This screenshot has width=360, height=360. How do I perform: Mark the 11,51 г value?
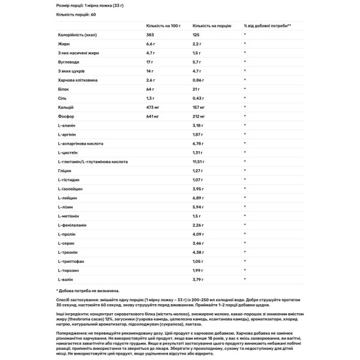[x=199, y=161]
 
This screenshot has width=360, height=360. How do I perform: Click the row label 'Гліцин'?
[x=65, y=170]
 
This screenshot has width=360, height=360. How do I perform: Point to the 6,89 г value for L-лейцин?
[x=199, y=197]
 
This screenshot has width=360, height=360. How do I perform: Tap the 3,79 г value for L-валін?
[x=199, y=279]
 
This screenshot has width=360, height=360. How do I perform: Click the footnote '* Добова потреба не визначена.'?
[x=83, y=290]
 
